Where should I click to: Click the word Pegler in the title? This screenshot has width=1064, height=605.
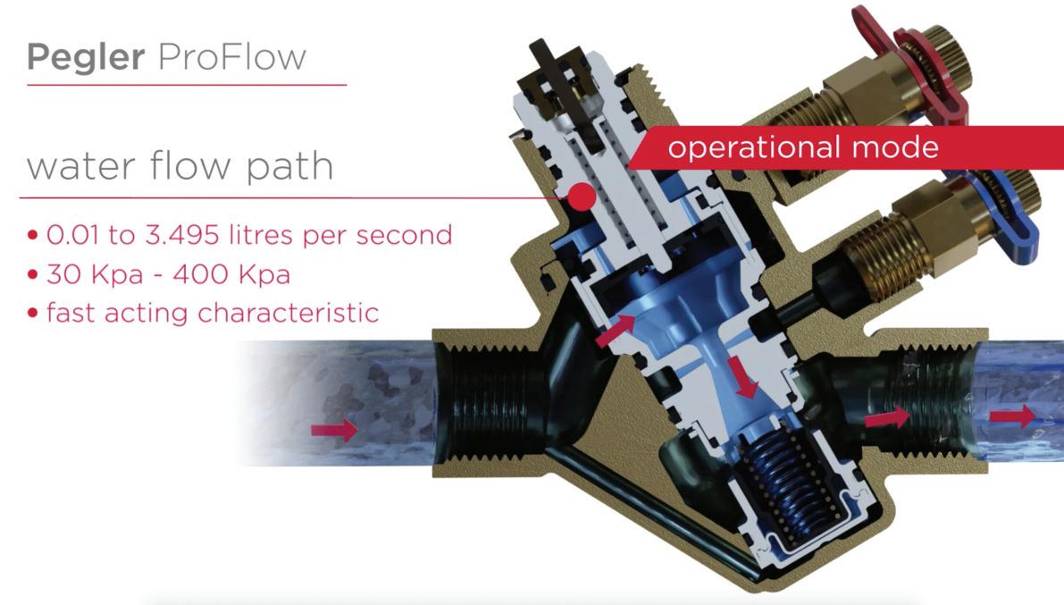[86, 56]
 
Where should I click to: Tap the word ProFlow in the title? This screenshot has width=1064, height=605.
[231, 56]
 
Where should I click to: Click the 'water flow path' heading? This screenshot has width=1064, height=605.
[180, 166]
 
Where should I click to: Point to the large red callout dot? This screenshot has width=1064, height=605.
[582, 197]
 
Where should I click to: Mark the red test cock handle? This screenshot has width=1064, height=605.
[929, 63]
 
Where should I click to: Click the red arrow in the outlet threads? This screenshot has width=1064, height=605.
[887, 417]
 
